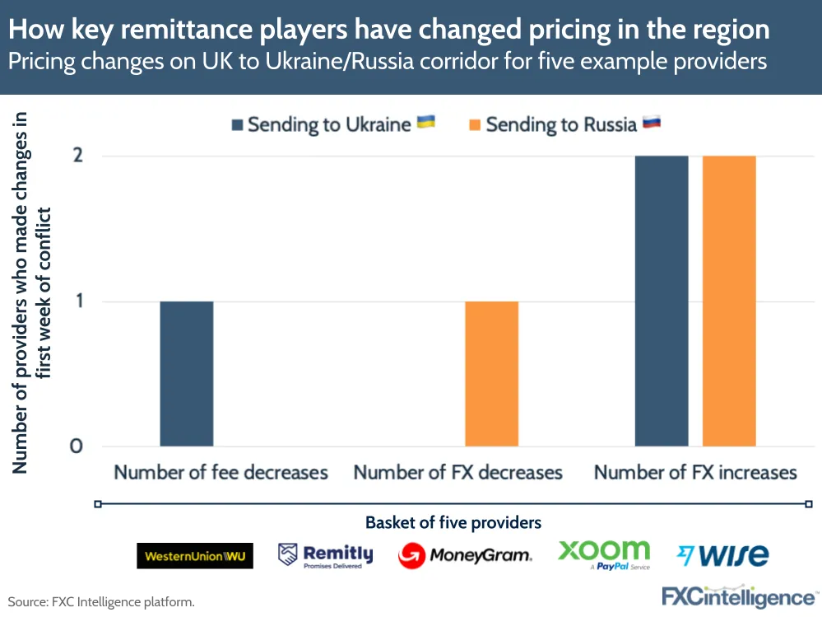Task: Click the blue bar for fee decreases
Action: coord(187,373)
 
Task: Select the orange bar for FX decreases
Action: coord(492,373)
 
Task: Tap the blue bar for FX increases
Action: coord(662,301)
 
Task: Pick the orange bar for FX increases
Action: coord(729,301)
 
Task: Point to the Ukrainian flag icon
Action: coord(426,123)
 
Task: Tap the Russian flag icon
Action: coord(652,123)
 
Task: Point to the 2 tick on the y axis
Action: coord(78,157)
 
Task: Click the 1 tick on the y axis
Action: coord(78,301)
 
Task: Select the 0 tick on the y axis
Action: coord(77,446)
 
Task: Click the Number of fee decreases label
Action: coord(221,473)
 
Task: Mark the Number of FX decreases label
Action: coord(458,473)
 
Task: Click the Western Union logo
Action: coord(195,556)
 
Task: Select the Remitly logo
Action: coord(326,555)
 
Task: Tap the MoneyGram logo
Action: coord(465,555)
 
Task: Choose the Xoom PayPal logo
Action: coord(604,554)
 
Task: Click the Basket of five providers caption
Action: coord(453,522)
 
